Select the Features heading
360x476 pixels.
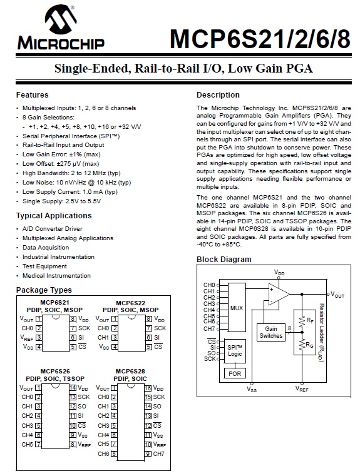pos(32,95)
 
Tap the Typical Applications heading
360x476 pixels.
pos(54,216)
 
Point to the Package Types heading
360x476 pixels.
pos(44,290)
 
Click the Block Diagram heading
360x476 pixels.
pos(224,260)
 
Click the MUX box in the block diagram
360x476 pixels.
pos(237,308)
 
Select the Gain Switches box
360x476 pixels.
pos(271,332)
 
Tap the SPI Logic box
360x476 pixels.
pos(235,350)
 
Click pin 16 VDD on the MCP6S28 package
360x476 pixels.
pos(158,388)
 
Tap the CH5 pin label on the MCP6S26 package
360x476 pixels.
pos(27,445)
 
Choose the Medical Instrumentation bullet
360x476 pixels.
pos(56,276)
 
